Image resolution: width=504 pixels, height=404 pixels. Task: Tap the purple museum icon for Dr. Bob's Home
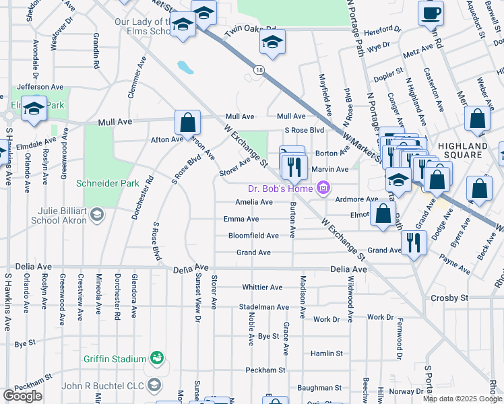tap(323, 189)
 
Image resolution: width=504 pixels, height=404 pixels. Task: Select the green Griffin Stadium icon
tap(157, 356)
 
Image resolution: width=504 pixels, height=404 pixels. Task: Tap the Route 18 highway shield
tap(259, 70)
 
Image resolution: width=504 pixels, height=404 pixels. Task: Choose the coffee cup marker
tap(431, 13)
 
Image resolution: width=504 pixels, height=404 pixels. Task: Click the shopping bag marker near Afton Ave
tap(188, 123)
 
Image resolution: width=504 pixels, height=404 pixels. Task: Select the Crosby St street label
tap(450, 298)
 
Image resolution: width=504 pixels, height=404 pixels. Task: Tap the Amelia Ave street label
tap(254, 202)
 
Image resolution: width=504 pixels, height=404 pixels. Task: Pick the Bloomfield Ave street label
tap(253, 236)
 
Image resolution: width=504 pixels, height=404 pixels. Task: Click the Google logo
tap(22, 396)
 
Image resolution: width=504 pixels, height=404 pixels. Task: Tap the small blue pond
tap(184, 67)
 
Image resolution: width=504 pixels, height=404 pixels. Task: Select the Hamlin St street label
tap(326, 353)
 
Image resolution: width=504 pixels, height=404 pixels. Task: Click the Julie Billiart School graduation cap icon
tap(96, 215)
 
